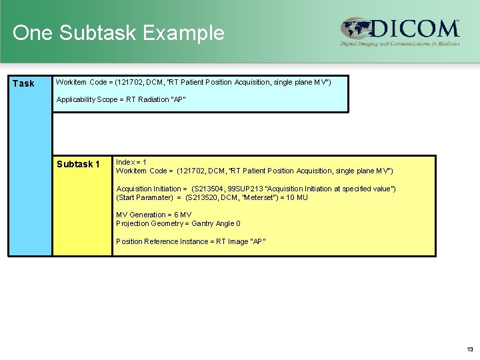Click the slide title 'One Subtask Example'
coord(119,33)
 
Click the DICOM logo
coord(400,30)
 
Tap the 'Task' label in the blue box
coord(23,84)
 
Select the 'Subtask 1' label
coord(78,165)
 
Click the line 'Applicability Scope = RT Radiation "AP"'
coord(121,99)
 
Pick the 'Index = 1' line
coord(131,162)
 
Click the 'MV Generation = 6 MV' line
coord(154,215)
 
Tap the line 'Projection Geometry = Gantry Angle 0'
coord(178,223)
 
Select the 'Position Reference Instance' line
coord(191,241)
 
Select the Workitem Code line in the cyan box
coord(193,82)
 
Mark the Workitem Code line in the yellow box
coord(254,171)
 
